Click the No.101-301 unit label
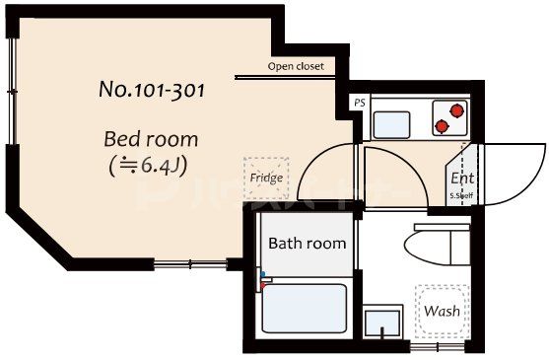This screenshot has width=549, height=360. pyautogui.click(x=152, y=90)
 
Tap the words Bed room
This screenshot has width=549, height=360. pyautogui.click(x=151, y=139)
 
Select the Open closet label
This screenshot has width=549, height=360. pyautogui.click(x=295, y=68)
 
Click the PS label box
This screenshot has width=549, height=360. pyautogui.click(x=358, y=103)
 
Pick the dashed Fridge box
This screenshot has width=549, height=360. pyautogui.click(x=266, y=177)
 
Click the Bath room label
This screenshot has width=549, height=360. pyautogui.click(x=307, y=243)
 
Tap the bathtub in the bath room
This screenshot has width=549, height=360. pyautogui.click(x=305, y=308)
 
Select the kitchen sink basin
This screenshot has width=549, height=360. pyautogui.click(x=391, y=124)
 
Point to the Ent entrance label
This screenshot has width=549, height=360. pyautogui.click(x=462, y=179)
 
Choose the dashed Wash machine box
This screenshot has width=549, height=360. pyautogui.click(x=441, y=310)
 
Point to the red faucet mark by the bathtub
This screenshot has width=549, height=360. pyautogui.click(x=263, y=279)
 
